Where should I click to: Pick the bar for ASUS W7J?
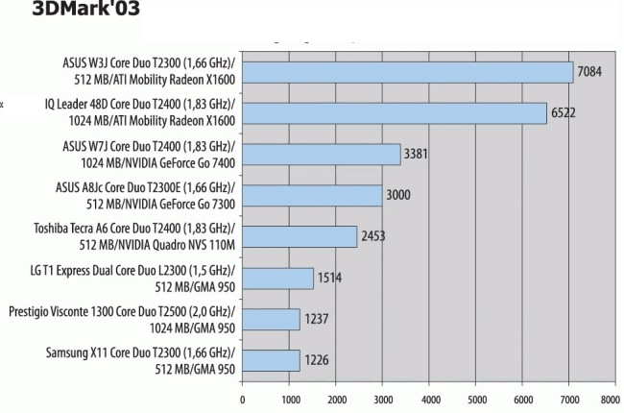click(321, 154)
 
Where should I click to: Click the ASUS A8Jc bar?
click(312, 195)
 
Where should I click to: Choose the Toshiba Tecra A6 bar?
click(299, 236)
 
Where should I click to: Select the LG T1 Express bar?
click(277, 278)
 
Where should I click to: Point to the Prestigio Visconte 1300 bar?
click(271, 319)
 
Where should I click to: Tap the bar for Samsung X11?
click(271, 360)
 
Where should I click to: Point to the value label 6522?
click(564, 113)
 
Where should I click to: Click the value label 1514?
click(329, 279)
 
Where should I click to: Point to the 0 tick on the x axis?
click(242, 400)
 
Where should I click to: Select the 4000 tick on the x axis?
click(429, 400)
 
